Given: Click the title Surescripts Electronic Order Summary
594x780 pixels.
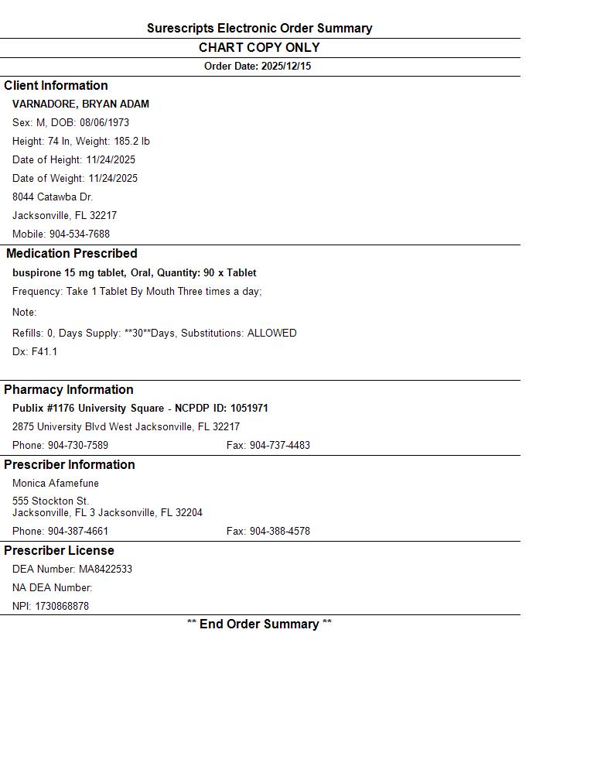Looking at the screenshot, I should coord(259,28).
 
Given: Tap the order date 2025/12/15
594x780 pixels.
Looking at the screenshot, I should coord(285,67).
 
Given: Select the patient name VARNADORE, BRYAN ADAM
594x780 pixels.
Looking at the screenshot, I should coord(80,104).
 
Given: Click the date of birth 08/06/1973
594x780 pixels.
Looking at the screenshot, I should coord(104,122).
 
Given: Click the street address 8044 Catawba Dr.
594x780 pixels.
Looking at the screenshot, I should coord(53,197).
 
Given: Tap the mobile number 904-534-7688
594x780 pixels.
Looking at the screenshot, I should coord(80,234).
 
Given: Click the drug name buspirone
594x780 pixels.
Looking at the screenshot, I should coord(37,272).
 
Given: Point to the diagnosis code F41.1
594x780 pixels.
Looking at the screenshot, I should coord(44,351).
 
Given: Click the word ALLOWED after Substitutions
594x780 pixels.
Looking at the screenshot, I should coord(271,333).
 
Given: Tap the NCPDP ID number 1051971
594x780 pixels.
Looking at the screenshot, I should coord(249,408).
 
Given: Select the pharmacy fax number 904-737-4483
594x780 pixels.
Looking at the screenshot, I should coord(279,445).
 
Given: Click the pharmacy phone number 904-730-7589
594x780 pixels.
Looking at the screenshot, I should coord(78,445).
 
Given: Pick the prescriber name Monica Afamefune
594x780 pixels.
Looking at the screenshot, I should coord(56,483).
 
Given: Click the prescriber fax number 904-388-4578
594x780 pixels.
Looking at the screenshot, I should coord(279,531).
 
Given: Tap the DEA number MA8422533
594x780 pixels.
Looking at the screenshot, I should coord(105,569).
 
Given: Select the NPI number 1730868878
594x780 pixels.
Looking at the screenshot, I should coord(62,606).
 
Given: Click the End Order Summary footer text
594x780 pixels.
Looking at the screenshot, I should coord(259,624).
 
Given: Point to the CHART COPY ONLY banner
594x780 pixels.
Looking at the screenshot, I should coord(259,47).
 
